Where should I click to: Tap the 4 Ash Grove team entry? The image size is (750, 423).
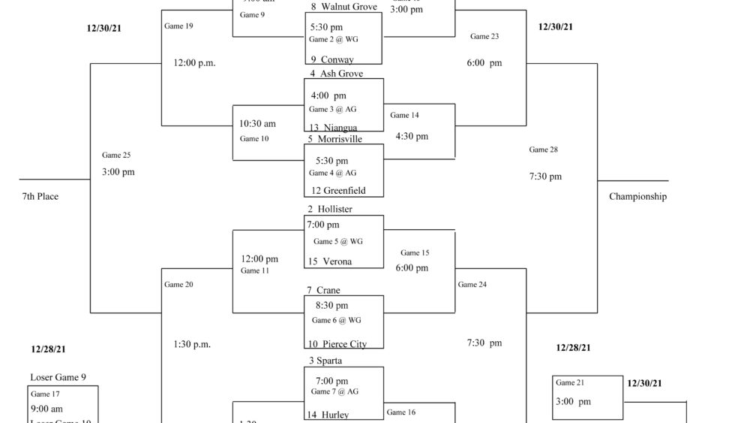click(x=336, y=74)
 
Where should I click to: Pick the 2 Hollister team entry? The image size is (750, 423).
click(x=330, y=209)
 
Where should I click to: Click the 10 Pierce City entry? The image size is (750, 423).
click(x=336, y=344)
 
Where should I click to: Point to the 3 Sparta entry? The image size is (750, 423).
click(x=325, y=361)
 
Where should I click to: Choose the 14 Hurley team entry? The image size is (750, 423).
click(x=328, y=415)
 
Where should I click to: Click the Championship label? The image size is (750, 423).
click(x=637, y=197)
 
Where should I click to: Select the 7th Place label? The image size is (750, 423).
click(x=40, y=197)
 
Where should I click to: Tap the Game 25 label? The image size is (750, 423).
click(x=116, y=156)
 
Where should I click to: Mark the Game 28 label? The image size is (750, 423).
click(x=544, y=150)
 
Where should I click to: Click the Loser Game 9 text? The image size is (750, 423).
click(x=63, y=377)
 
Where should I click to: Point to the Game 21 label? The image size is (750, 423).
click(x=570, y=382)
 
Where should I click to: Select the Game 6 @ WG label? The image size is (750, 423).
click(x=337, y=320)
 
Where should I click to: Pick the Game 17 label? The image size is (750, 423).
click(x=45, y=394)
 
